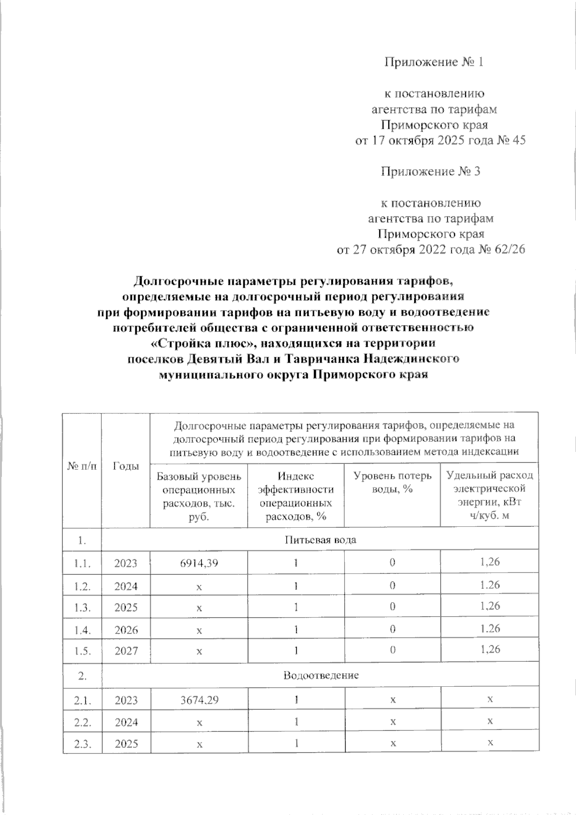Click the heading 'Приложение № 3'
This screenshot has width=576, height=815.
(x=430, y=171)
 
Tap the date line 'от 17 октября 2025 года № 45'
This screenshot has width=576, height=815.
(x=440, y=141)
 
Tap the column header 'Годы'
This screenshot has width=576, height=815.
(x=125, y=466)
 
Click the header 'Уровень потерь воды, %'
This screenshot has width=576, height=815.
(x=392, y=482)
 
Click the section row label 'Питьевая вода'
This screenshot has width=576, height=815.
(x=320, y=539)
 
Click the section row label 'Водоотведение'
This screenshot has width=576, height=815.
(x=321, y=676)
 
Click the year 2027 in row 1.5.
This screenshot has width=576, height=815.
(x=126, y=651)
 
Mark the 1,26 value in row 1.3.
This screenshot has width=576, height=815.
(x=490, y=606)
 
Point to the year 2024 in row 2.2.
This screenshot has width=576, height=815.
(x=126, y=722)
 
